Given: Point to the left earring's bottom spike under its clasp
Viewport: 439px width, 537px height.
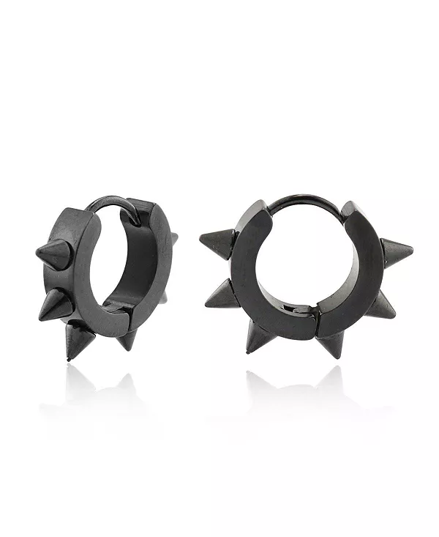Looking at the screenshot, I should coord(128,338).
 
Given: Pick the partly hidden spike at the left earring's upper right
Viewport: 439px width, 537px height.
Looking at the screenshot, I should coord(173,238).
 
